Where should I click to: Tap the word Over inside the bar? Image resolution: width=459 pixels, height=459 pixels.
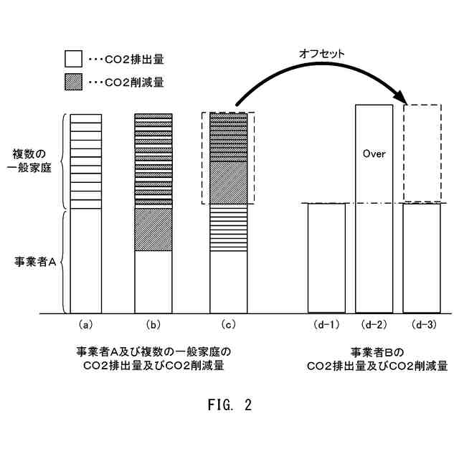tap(374, 153)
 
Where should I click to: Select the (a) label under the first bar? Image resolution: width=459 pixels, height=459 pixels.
tap(85, 324)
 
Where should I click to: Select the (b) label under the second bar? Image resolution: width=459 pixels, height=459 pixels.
tap(153, 324)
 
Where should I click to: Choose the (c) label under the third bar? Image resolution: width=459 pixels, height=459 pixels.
tap(228, 324)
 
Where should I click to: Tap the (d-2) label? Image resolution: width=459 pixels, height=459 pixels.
tap(374, 324)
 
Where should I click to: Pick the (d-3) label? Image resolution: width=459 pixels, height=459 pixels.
tap(421, 324)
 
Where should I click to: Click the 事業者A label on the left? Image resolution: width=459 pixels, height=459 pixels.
tap(36, 262)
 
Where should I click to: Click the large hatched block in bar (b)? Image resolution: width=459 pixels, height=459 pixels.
tap(153, 229)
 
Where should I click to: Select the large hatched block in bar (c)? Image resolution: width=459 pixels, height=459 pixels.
tap(228, 182)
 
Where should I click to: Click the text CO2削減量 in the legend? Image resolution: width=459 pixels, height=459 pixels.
tap(136, 82)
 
